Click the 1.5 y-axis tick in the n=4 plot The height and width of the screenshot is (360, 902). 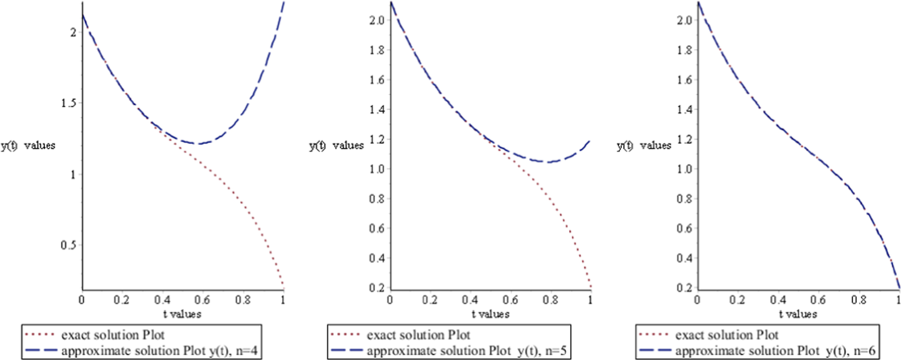point(68,103)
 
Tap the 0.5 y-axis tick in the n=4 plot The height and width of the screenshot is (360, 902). point(68,245)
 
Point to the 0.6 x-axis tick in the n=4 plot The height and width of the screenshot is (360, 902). point(202,300)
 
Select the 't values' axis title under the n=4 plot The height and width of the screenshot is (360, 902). point(182,314)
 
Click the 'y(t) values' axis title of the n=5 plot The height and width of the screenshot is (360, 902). point(336,145)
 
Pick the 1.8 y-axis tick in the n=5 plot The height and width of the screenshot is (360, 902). point(377,50)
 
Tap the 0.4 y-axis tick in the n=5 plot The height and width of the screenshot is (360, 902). point(377,258)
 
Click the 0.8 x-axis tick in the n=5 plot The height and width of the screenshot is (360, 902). point(551,300)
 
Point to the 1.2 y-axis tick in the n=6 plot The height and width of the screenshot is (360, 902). point(685,139)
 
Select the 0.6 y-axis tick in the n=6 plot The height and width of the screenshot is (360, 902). point(685,229)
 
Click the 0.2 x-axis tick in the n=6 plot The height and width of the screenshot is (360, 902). point(737,300)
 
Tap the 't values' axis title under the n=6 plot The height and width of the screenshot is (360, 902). point(798,314)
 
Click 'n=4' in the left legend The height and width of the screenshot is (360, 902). point(247,351)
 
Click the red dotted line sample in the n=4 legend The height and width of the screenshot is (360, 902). point(40,335)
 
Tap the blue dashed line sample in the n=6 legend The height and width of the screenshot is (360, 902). point(654,350)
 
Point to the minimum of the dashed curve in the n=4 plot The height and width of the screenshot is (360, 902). point(199,143)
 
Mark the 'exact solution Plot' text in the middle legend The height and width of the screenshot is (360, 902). point(419,335)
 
